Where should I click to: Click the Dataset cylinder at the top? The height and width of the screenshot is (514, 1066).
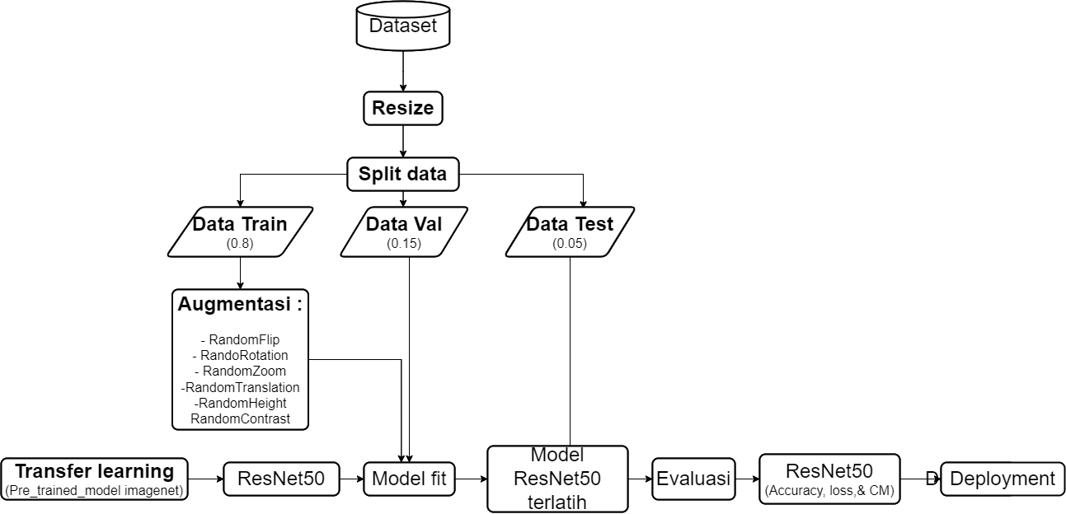click(x=402, y=27)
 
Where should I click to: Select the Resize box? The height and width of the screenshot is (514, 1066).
click(x=402, y=108)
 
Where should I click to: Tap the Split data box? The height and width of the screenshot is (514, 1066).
click(x=402, y=175)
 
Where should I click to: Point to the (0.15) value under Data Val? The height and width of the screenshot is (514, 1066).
click(x=403, y=243)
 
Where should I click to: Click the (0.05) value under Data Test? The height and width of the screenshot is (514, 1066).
click(x=570, y=243)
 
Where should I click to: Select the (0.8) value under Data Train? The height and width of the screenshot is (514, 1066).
click(x=240, y=243)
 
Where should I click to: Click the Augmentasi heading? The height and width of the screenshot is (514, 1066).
click(x=240, y=304)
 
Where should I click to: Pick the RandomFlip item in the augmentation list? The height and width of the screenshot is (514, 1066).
click(x=240, y=339)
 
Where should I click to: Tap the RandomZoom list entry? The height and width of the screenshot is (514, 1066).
click(x=240, y=371)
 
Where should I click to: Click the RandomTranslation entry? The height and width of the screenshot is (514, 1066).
click(x=240, y=386)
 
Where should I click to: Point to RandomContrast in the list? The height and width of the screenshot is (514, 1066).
click(x=240, y=418)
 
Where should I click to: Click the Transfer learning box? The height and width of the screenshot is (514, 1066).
click(x=95, y=472)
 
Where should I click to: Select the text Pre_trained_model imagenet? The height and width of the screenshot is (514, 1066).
click(x=95, y=491)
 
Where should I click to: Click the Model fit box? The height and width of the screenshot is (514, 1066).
click(x=410, y=479)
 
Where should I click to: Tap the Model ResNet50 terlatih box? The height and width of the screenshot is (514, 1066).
click(x=557, y=479)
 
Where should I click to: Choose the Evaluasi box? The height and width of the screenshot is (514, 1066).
click(x=693, y=479)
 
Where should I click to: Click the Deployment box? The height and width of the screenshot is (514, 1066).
click(x=1003, y=479)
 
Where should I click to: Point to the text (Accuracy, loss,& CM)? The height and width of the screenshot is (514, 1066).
click(x=829, y=491)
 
